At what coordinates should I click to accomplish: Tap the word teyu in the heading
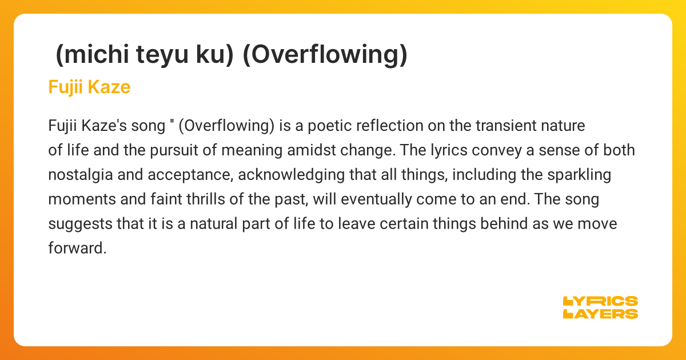point(157,54)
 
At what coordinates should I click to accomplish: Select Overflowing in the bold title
point(325,54)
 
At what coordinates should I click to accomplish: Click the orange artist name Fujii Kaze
point(89,87)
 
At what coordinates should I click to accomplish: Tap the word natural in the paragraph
point(221,224)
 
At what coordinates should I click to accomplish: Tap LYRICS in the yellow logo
point(600,301)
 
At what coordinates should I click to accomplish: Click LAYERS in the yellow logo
point(600,313)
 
